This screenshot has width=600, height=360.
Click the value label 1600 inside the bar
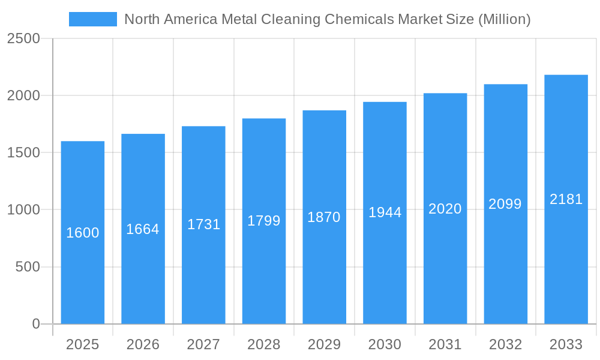[83, 233]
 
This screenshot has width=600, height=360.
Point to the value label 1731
[204, 224]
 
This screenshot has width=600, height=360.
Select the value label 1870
[324, 217]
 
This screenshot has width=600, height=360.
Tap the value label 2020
[445, 209]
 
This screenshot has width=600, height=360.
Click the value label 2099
[505, 204]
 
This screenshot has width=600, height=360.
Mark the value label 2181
[566, 199]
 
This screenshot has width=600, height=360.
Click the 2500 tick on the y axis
[23, 39]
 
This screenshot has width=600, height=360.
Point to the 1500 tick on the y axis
[23, 153]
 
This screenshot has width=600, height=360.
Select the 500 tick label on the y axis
[28, 267]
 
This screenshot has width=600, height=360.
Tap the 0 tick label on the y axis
[36, 324]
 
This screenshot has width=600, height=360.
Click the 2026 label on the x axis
[143, 344]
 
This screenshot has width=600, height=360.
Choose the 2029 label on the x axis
[324, 344]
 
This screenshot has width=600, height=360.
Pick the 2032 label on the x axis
[505, 344]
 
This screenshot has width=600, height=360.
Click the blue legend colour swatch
[93, 19]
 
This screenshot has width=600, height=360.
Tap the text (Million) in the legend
[504, 19]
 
